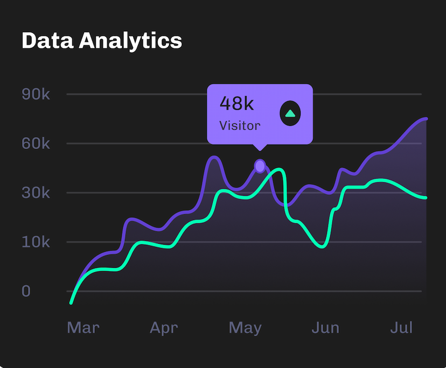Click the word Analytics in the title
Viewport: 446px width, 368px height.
(x=130, y=41)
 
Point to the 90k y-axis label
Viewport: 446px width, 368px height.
(x=36, y=94)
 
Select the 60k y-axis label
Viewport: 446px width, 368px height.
(x=36, y=144)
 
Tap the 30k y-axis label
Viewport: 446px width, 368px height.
(x=36, y=193)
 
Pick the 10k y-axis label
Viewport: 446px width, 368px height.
(x=36, y=242)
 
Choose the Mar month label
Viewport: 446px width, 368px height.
(x=83, y=328)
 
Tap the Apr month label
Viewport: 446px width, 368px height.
(x=164, y=328)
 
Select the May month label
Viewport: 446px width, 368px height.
(x=245, y=328)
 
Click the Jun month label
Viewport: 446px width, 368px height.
(x=326, y=328)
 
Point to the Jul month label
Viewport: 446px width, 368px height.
(x=401, y=328)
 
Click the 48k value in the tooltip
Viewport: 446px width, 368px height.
(x=236, y=103)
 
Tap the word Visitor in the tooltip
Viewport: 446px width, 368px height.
(x=240, y=126)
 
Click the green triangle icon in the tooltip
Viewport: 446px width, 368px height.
(x=290, y=114)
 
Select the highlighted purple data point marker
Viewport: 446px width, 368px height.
(x=260, y=166)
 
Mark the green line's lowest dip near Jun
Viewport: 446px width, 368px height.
(x=322, y=246)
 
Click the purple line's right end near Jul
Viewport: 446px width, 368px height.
(x=426, y=119)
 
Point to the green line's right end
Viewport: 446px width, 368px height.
(x=426, y=198)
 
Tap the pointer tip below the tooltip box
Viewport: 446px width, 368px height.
(x=260, y=149)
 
